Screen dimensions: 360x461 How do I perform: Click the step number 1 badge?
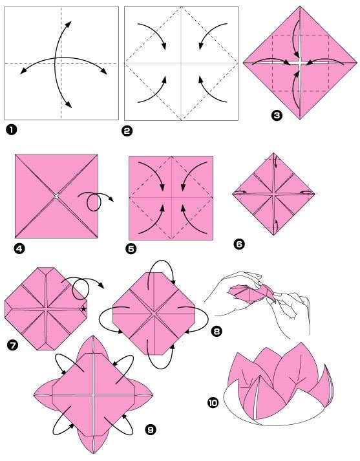click(x=11, y=130)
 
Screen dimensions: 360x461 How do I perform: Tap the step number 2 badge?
click(x=127, y=131)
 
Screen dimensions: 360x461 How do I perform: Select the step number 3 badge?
click(x=277, y=116)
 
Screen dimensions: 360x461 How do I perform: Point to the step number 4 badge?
click(x=19, y=250)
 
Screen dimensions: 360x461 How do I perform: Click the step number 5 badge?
click(x=131, y=249)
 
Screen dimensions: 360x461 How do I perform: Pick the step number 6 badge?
click(x=239, y=244)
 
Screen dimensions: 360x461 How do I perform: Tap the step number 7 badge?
click(x=13, y=345)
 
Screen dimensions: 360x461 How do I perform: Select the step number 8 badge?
click(x=217, y=331)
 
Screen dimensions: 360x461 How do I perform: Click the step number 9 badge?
click(x=151, y=430)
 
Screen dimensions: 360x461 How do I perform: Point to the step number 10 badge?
click(x=213, y=403)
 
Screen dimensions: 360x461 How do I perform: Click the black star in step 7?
click(x=84, y=308)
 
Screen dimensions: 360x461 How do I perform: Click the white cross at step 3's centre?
click(x=300, y=63)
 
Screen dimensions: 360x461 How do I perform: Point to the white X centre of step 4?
click(x=56, y=196)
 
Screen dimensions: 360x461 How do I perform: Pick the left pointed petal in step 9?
click(x=43, y=395)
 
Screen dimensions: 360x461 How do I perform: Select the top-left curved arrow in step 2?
click(x=155, y=33)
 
